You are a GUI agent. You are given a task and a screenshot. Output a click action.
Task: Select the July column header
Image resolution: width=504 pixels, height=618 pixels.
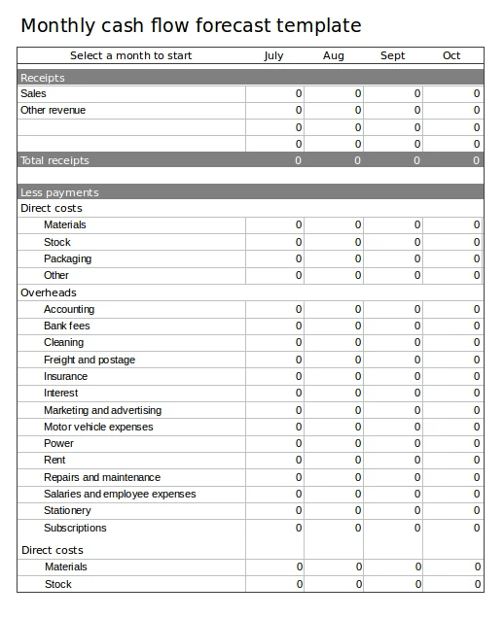coord(274,55)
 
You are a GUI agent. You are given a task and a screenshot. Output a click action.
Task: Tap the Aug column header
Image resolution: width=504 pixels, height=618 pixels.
coord(334,55)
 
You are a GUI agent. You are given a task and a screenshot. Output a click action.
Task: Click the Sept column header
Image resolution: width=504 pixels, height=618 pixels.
coord(393,55)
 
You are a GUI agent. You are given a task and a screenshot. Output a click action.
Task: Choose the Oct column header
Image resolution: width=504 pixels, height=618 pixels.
coord(451,55)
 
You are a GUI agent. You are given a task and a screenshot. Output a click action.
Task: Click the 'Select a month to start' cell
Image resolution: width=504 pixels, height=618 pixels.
coord(131,55)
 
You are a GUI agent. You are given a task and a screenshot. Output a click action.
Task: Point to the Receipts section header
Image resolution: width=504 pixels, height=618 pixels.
coord(43,78)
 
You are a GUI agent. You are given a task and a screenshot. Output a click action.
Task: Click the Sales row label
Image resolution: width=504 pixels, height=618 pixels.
coord(33,94)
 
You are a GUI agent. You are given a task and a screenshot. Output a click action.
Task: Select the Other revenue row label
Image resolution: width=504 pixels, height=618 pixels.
coord(53,111)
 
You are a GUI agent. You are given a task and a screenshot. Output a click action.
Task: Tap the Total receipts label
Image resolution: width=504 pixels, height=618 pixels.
coord(54,160)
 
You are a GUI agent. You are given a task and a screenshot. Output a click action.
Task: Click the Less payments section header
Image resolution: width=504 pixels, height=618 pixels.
coord(59,192)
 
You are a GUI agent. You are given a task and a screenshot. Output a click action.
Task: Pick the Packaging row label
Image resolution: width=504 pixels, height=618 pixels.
coord(67,258)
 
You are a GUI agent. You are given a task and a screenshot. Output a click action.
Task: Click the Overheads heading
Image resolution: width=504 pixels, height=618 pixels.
coord(49,292)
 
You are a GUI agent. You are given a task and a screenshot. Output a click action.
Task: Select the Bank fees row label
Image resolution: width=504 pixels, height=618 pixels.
coord(66,326)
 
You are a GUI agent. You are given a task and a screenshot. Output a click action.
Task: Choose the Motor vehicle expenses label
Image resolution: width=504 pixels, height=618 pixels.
coord(98,427)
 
